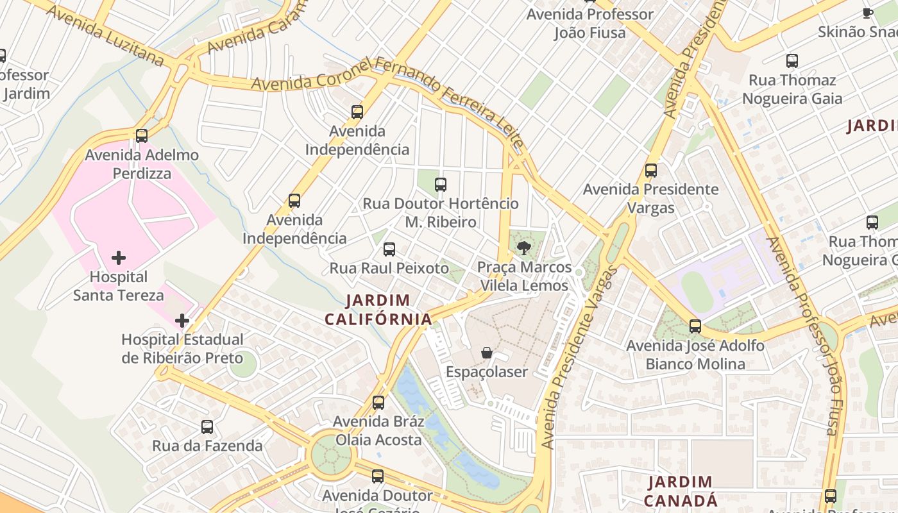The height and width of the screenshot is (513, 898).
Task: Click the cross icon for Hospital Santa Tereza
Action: tap(119, 258)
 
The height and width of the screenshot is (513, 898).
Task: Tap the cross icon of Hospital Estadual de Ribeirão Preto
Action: tap(182, 320)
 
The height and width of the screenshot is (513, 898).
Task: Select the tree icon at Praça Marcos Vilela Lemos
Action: tap(524, 248)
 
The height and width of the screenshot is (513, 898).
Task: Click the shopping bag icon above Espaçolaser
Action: tap(487, 353)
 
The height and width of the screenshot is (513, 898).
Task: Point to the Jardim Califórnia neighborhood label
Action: tap(378, 309)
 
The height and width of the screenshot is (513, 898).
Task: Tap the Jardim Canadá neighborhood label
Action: tap(679, 491)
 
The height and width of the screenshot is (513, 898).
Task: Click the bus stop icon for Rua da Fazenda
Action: tap(207, 426)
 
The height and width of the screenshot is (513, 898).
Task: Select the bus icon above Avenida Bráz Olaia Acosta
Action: tap(378, 403)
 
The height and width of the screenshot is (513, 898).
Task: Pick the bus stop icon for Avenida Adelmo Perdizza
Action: tap(142, 136)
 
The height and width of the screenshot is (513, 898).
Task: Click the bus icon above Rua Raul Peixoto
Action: tap(389, 249)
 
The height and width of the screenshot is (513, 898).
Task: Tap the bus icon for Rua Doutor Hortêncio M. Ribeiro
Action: tap(441, 185)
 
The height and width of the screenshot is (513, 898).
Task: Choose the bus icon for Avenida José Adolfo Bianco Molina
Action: tap(695, 326)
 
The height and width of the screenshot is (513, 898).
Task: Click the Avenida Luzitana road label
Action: tap(106, 36)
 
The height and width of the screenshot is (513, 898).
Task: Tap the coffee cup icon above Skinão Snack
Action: tap(867, 13)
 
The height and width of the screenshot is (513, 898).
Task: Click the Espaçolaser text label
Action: tap(487, 372)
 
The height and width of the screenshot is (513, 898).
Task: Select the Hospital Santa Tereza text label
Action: tap(119, 286)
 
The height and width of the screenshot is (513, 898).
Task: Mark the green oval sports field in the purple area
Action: tap(697, 292)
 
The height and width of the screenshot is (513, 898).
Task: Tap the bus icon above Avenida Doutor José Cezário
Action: tap(378, 476)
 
